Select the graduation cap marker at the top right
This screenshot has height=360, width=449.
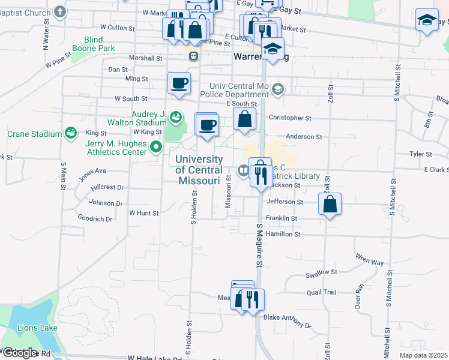pos(427,20)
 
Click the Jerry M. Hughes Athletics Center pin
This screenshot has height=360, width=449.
pos(155,146)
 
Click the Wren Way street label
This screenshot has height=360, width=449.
pos(369,260)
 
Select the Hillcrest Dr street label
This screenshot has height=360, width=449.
pos(107,187)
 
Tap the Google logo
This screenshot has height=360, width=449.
pos(19,352)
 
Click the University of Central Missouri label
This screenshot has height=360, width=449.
pos(199,169)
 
